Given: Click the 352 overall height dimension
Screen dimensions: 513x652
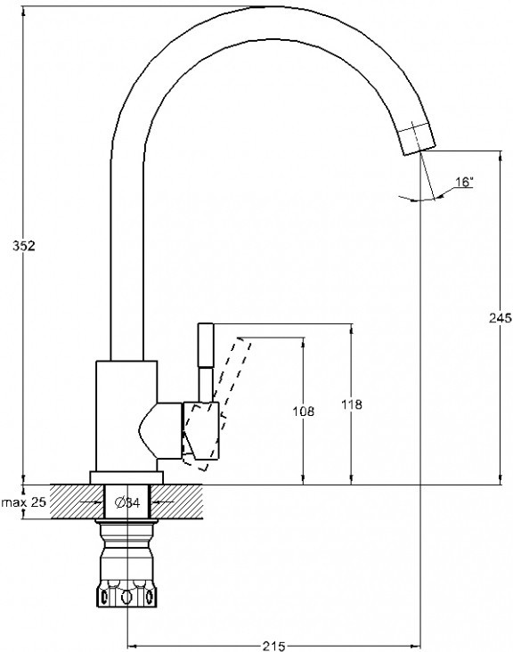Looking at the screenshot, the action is click(x=24, y=246).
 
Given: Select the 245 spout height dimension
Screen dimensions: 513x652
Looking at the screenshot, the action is click(x=501, y=318).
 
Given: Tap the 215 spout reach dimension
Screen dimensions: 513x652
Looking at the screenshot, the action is click(x=273, y=646).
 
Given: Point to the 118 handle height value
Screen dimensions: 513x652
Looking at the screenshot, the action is click(x=352, y=404).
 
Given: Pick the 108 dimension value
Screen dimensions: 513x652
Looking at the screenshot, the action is click(x=304, y=412).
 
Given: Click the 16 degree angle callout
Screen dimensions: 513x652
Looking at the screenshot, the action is click(x=464, y=182).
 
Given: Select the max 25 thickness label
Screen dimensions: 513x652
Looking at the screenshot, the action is click(x=24, y=501).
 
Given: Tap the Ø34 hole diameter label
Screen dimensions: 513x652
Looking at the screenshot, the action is click(x=127, y=502).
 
